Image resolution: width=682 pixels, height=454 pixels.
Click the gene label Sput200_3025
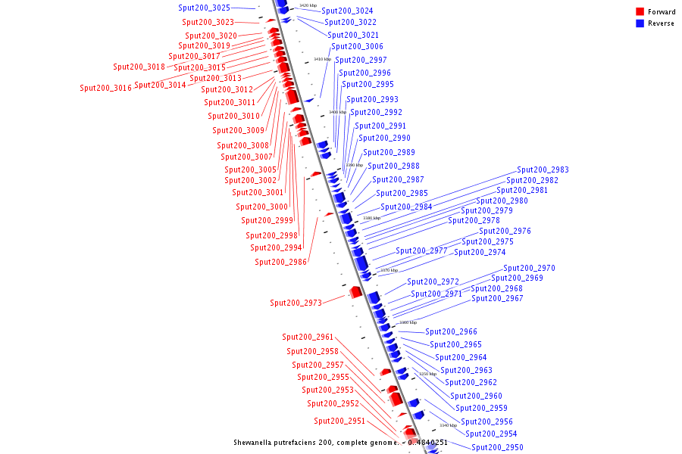[204, 8]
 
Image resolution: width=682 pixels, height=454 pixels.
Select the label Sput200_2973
[296, 303]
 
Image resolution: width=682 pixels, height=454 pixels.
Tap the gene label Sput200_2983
[543, 169]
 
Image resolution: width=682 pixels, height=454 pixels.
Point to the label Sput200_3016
[105, 88]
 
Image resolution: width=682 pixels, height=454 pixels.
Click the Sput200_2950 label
[497, 447]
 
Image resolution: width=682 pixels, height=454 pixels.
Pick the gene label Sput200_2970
[529, 268]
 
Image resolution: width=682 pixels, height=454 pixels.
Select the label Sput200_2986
[280, 262]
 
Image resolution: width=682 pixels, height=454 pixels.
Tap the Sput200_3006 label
[357, 46]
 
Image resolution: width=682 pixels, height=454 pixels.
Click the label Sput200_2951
[339, 421]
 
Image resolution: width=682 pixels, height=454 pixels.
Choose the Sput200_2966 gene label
[451, 331]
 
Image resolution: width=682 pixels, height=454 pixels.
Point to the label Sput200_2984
[406, 207]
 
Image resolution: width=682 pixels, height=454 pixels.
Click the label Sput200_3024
[347, 11]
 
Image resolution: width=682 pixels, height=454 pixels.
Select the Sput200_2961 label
[308, 337]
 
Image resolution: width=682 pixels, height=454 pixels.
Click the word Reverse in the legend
[661, 23]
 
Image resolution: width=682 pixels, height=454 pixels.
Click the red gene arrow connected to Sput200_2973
[355, 292]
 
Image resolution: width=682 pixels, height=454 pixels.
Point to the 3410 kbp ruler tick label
[322, 59]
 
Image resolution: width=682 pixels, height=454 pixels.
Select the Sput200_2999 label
[267, 220]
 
